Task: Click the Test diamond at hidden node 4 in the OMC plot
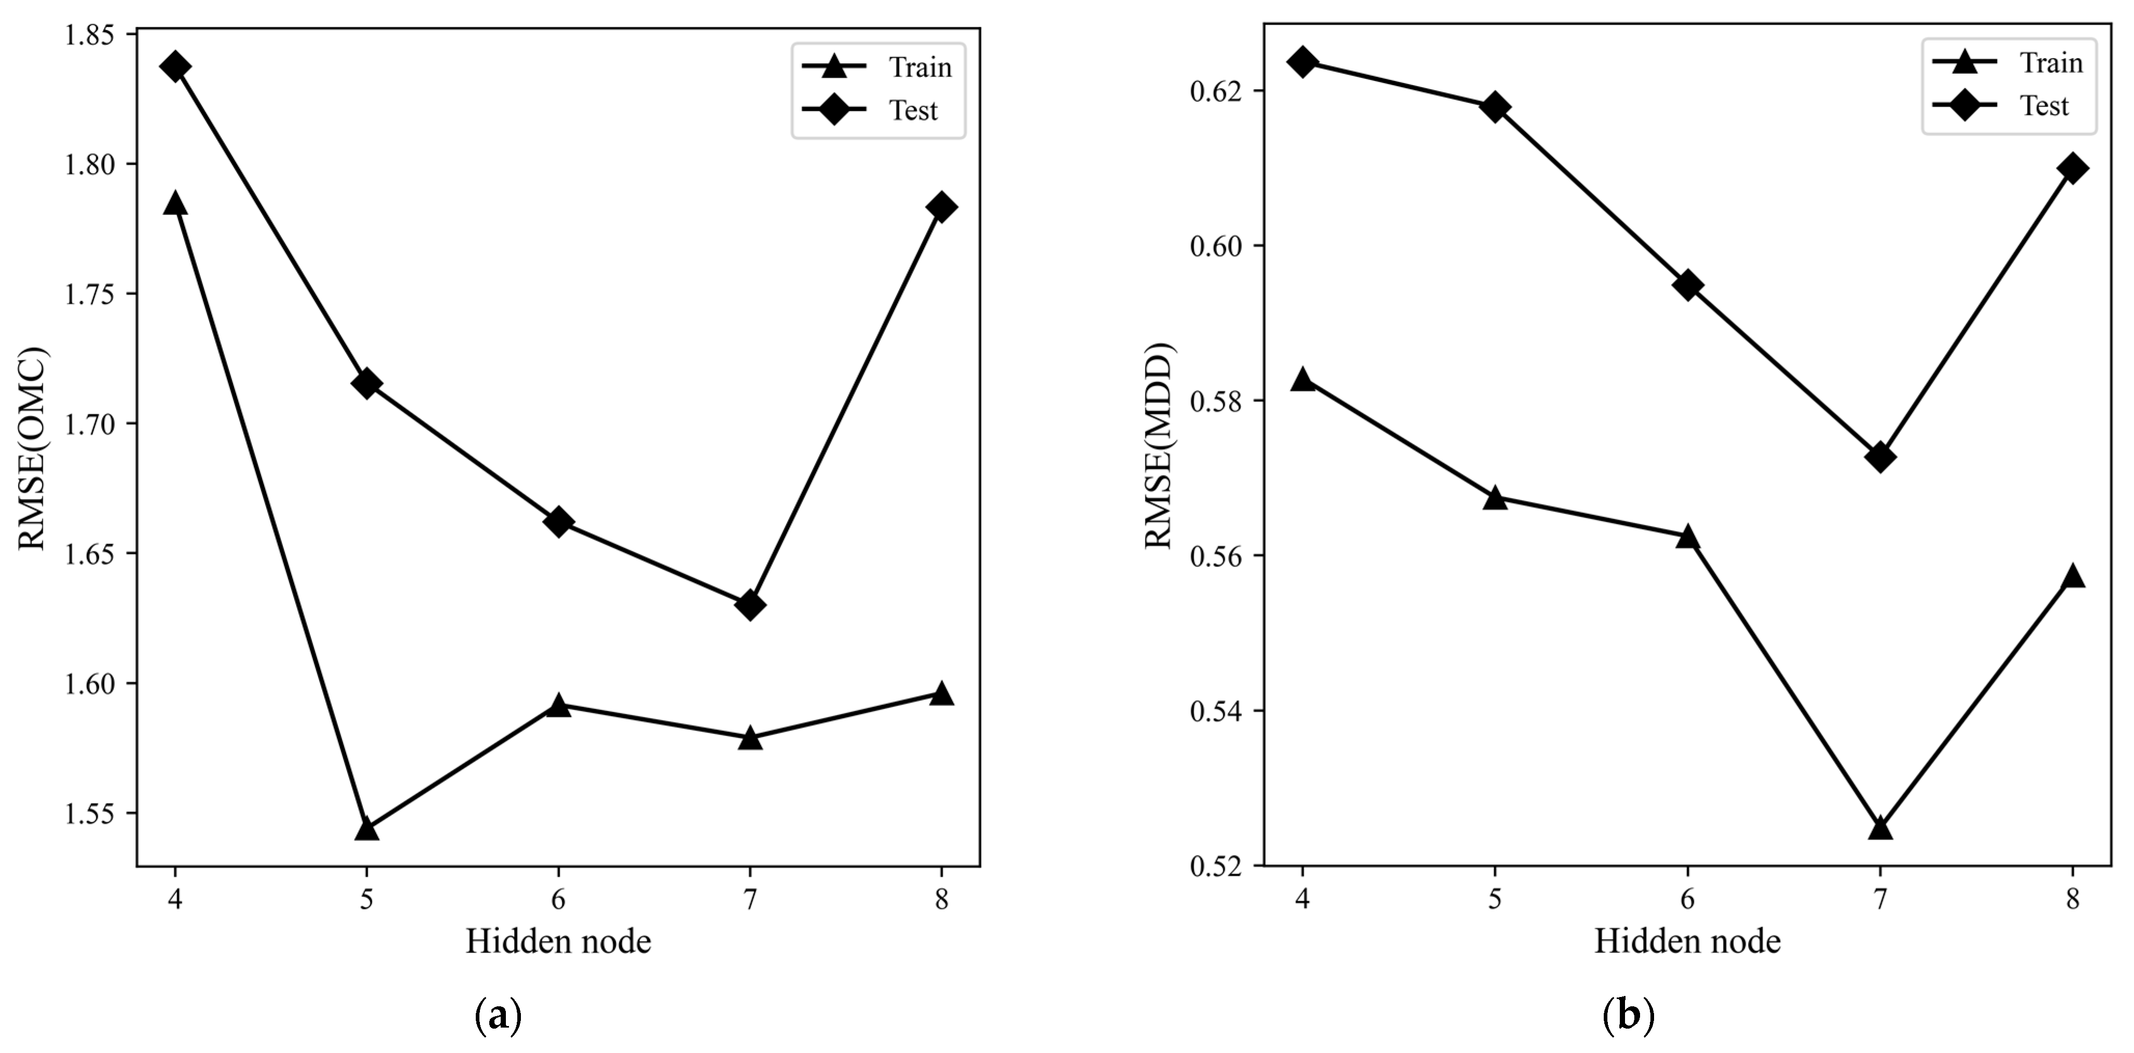(175, 66)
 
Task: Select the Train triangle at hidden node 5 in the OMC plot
(366, 828)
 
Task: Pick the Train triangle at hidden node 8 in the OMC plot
(941, 694)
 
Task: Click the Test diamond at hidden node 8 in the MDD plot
(2072, 168)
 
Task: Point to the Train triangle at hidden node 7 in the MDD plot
(1880, 827)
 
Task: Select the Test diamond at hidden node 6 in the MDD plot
(1687, 286)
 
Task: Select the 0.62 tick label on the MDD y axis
(1216, 91)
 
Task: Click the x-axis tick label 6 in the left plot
(558, 900)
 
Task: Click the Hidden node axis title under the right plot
(1687, 941)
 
